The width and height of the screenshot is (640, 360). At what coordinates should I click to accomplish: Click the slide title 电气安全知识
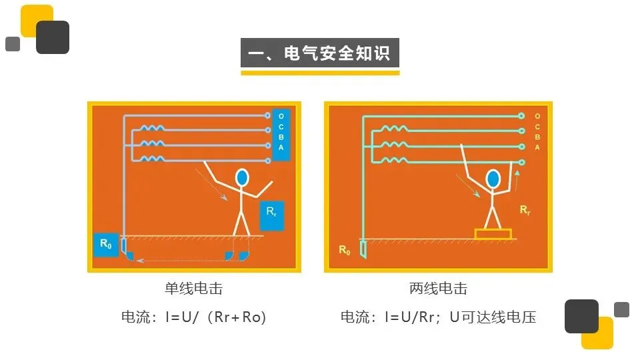click(320, 53)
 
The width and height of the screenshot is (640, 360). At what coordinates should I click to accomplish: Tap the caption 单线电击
click(194, 289)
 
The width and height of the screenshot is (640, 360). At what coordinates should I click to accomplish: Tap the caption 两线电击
click(438, 289)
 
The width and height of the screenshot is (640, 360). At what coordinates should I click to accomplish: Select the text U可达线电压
click(493, 317)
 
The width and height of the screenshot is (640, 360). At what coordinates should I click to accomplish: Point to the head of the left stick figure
click(242, 177)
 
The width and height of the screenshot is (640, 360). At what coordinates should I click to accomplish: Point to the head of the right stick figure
click(493, 179)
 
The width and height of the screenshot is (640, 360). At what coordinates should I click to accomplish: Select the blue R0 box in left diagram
click(105, 245)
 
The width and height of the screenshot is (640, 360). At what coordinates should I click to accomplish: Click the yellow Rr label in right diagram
click(525, 210)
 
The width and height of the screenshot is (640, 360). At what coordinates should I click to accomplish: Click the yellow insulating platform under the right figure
click(493, 234)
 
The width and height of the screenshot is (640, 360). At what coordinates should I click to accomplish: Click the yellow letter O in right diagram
click(537, 117)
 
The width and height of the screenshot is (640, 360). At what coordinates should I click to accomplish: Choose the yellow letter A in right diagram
click(537, 147)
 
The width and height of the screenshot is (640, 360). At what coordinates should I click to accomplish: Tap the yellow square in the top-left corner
click(36, 21)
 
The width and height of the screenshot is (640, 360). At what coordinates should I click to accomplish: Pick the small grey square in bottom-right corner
click(621, 309)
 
